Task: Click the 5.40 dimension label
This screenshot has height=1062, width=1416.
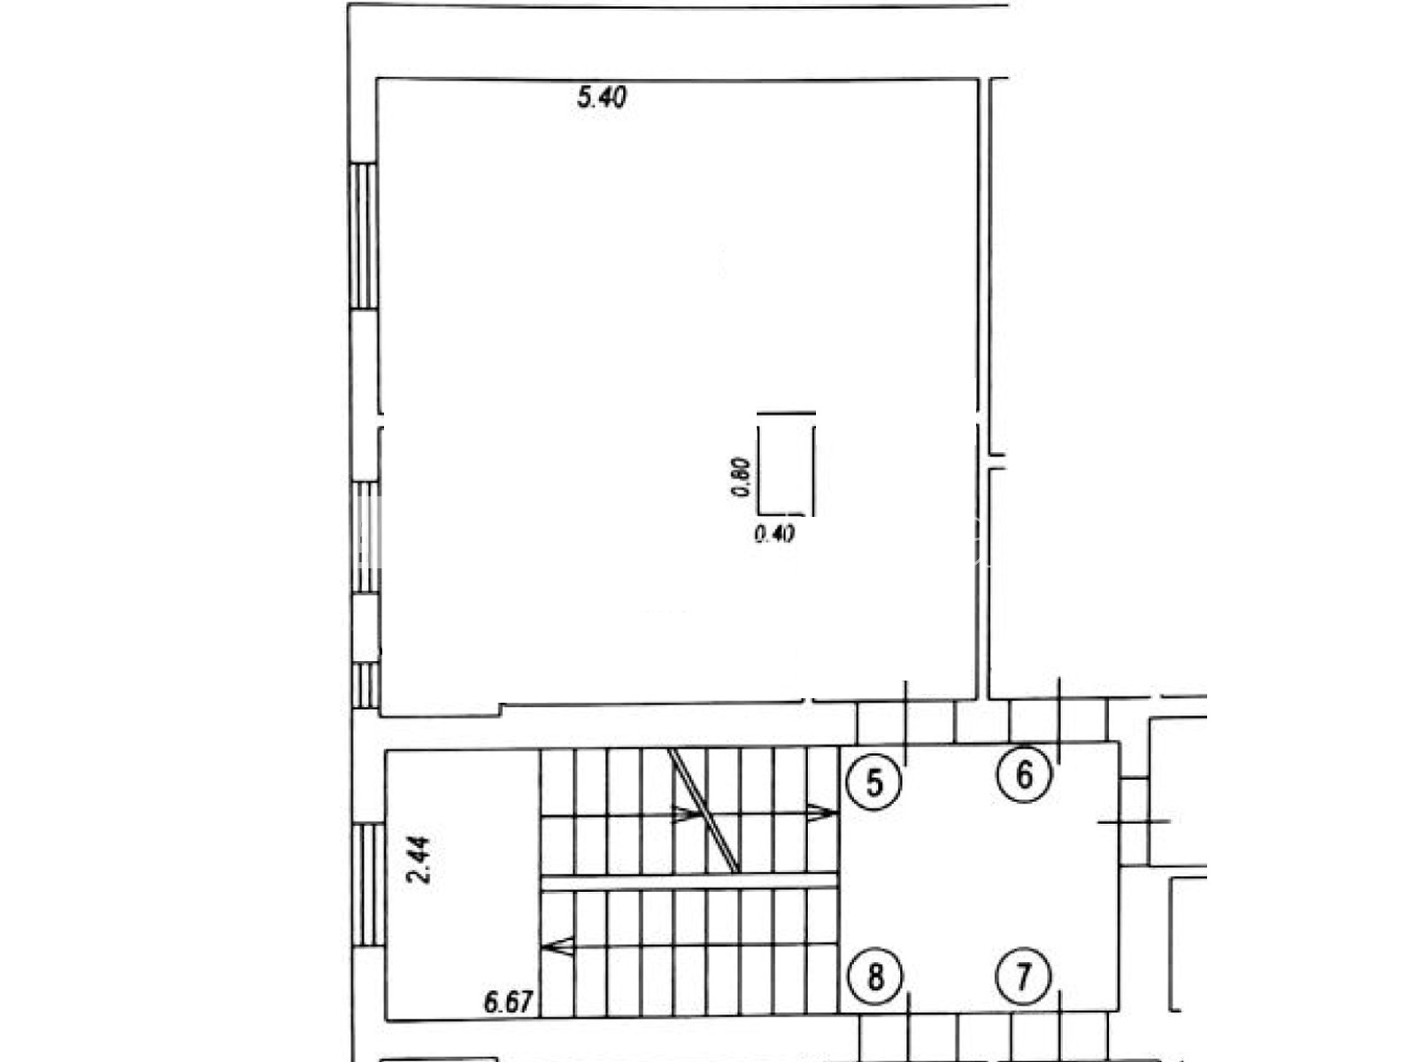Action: coord(601,98)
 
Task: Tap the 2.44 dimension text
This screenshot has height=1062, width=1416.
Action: coord(418,859)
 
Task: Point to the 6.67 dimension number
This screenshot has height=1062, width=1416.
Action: coord(508,1002)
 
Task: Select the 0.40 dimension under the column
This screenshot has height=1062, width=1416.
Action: coord(774,534)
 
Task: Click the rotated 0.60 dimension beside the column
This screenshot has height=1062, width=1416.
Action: coord(742,477)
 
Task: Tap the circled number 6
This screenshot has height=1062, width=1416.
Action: coord(1024,773)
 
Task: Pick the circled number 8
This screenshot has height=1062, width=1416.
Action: coord(874,977)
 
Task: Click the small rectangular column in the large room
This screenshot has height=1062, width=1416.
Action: coord(786,463)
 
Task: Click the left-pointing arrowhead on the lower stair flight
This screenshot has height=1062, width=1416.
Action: coord(558,946)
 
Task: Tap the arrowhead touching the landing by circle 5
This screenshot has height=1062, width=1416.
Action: coord(821,813)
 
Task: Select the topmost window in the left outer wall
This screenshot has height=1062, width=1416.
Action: coord(363,236)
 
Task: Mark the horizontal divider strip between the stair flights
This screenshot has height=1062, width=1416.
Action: coord(689,882)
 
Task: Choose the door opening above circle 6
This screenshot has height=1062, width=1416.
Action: coord(1058,721)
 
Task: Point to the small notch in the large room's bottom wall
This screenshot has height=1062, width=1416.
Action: coord(501,709)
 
